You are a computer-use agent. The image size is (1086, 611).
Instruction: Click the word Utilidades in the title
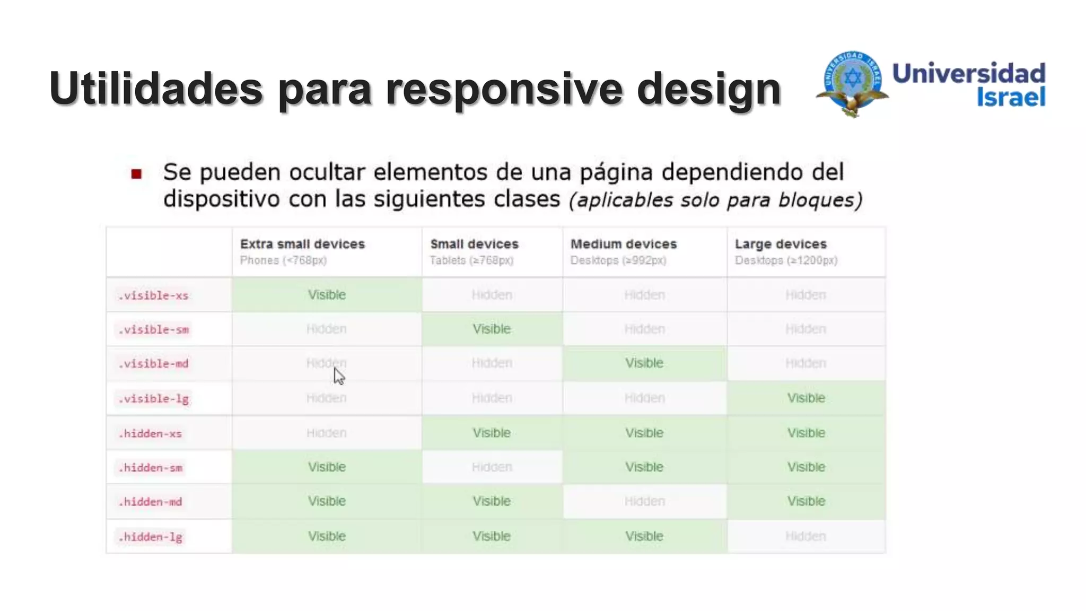click(x=156, y=88)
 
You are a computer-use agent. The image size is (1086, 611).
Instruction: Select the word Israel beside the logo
click(x=1011, y=97)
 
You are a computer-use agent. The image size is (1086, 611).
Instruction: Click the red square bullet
click(x=136, y=174)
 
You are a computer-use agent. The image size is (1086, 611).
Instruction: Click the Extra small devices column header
click(x=302, y=244)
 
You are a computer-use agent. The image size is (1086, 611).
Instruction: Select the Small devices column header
click(x=474, y=244)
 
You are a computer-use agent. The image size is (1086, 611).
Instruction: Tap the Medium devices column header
click(x=624, y=244)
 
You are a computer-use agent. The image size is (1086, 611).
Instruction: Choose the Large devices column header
click(x=781, y=244)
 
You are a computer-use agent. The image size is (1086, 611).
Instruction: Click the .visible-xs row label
click(x=153, y=295)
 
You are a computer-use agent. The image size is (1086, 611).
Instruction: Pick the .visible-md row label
click(x=153, y=364)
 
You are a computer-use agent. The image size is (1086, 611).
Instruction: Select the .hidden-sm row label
click(x=151, y=468)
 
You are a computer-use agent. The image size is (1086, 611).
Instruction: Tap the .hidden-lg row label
click(x=151, y=537)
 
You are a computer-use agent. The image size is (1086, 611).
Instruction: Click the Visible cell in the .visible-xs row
click(x=327, y=295)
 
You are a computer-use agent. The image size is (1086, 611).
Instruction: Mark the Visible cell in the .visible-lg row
click(x=806, y=398)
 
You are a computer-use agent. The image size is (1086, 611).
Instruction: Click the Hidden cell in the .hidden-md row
click(x=644, y=501)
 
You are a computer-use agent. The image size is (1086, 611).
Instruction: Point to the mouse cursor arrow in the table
click(x=338, y=376)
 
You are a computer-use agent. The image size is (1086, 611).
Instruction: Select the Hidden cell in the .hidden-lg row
click(x=805, y=536)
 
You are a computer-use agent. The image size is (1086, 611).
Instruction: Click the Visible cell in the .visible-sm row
click(x=492, y=329)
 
